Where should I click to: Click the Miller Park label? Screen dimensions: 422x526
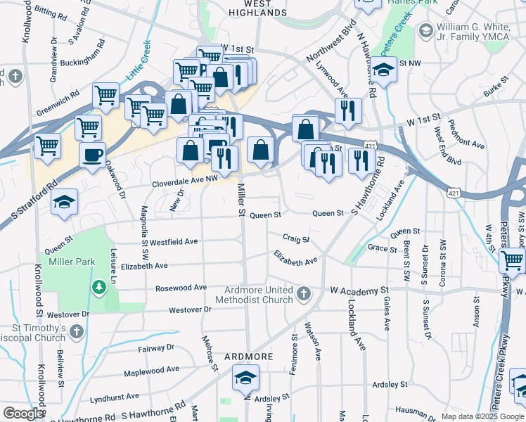click(71, 262)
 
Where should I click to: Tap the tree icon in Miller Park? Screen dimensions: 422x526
click(100, 287)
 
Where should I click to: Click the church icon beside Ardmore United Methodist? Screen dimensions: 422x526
click(304, 293)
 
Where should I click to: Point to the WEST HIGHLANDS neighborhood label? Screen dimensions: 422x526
click(259, 8)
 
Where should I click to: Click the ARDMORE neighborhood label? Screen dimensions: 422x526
click(248, 357)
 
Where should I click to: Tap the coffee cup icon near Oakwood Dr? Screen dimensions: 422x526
click(91, 155)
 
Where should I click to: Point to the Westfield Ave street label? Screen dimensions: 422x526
click(174, 241)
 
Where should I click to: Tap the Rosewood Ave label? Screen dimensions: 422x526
click(181, 288)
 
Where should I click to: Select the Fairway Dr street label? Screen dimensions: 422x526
click(156, 347)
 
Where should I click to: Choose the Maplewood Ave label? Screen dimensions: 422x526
click(153, 370)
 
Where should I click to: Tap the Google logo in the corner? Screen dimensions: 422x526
click(23, 414)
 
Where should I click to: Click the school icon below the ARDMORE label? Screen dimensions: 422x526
click(245, 379)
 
